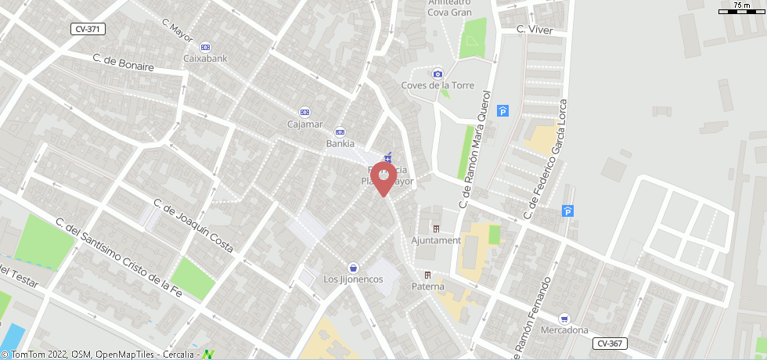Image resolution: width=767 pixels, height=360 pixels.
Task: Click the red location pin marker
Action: point(383,178)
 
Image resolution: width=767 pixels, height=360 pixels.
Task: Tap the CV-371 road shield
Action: point(88,29)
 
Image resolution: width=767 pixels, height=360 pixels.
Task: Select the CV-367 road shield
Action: point(610,344)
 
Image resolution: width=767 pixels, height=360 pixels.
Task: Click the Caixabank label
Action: point(204,58)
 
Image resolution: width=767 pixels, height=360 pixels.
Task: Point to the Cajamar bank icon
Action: point(305,112)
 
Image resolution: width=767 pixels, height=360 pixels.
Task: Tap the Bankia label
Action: point(340,144)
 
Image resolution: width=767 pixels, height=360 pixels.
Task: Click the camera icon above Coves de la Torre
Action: point(438,74)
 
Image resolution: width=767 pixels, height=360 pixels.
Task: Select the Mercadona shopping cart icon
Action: point(564,319)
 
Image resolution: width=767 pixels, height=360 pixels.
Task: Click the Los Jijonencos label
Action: point(353,279)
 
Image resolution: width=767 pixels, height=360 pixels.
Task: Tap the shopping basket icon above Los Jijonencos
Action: point(353,268)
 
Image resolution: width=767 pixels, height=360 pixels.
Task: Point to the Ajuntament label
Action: point(436,240)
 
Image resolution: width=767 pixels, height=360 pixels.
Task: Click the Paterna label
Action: point(428,286)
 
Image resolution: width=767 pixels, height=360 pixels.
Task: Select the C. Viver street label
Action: point(535,30)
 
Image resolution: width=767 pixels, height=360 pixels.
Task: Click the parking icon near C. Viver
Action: point(503,111)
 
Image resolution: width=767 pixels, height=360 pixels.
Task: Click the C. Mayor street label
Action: point(178,31)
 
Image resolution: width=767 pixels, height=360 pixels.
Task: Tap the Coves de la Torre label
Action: point(438,85)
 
